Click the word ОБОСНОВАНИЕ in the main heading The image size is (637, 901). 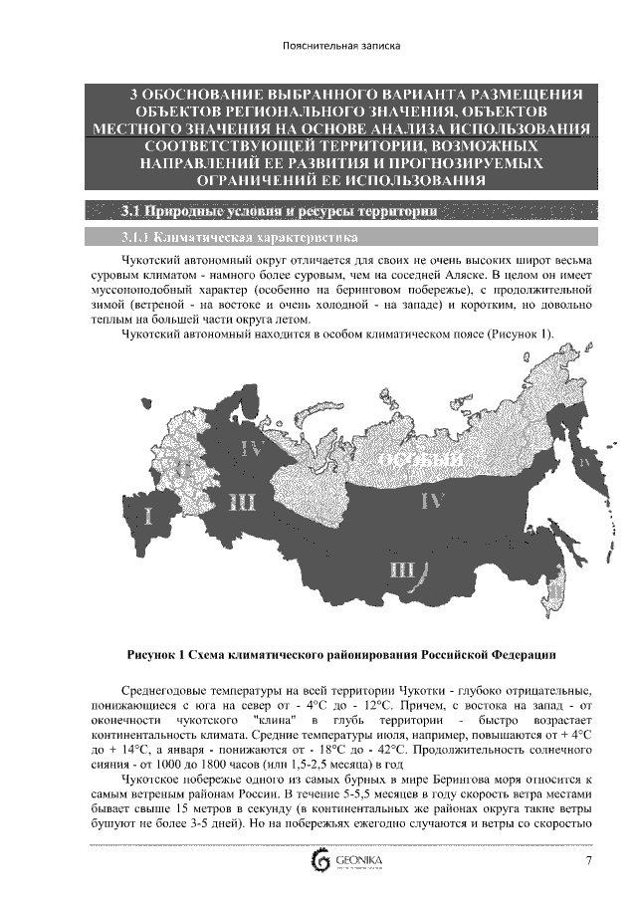pos(207,94)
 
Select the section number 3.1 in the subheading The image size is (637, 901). pos(129,211)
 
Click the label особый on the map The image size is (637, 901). pos(419,460)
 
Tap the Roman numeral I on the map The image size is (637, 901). pos(149,516)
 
